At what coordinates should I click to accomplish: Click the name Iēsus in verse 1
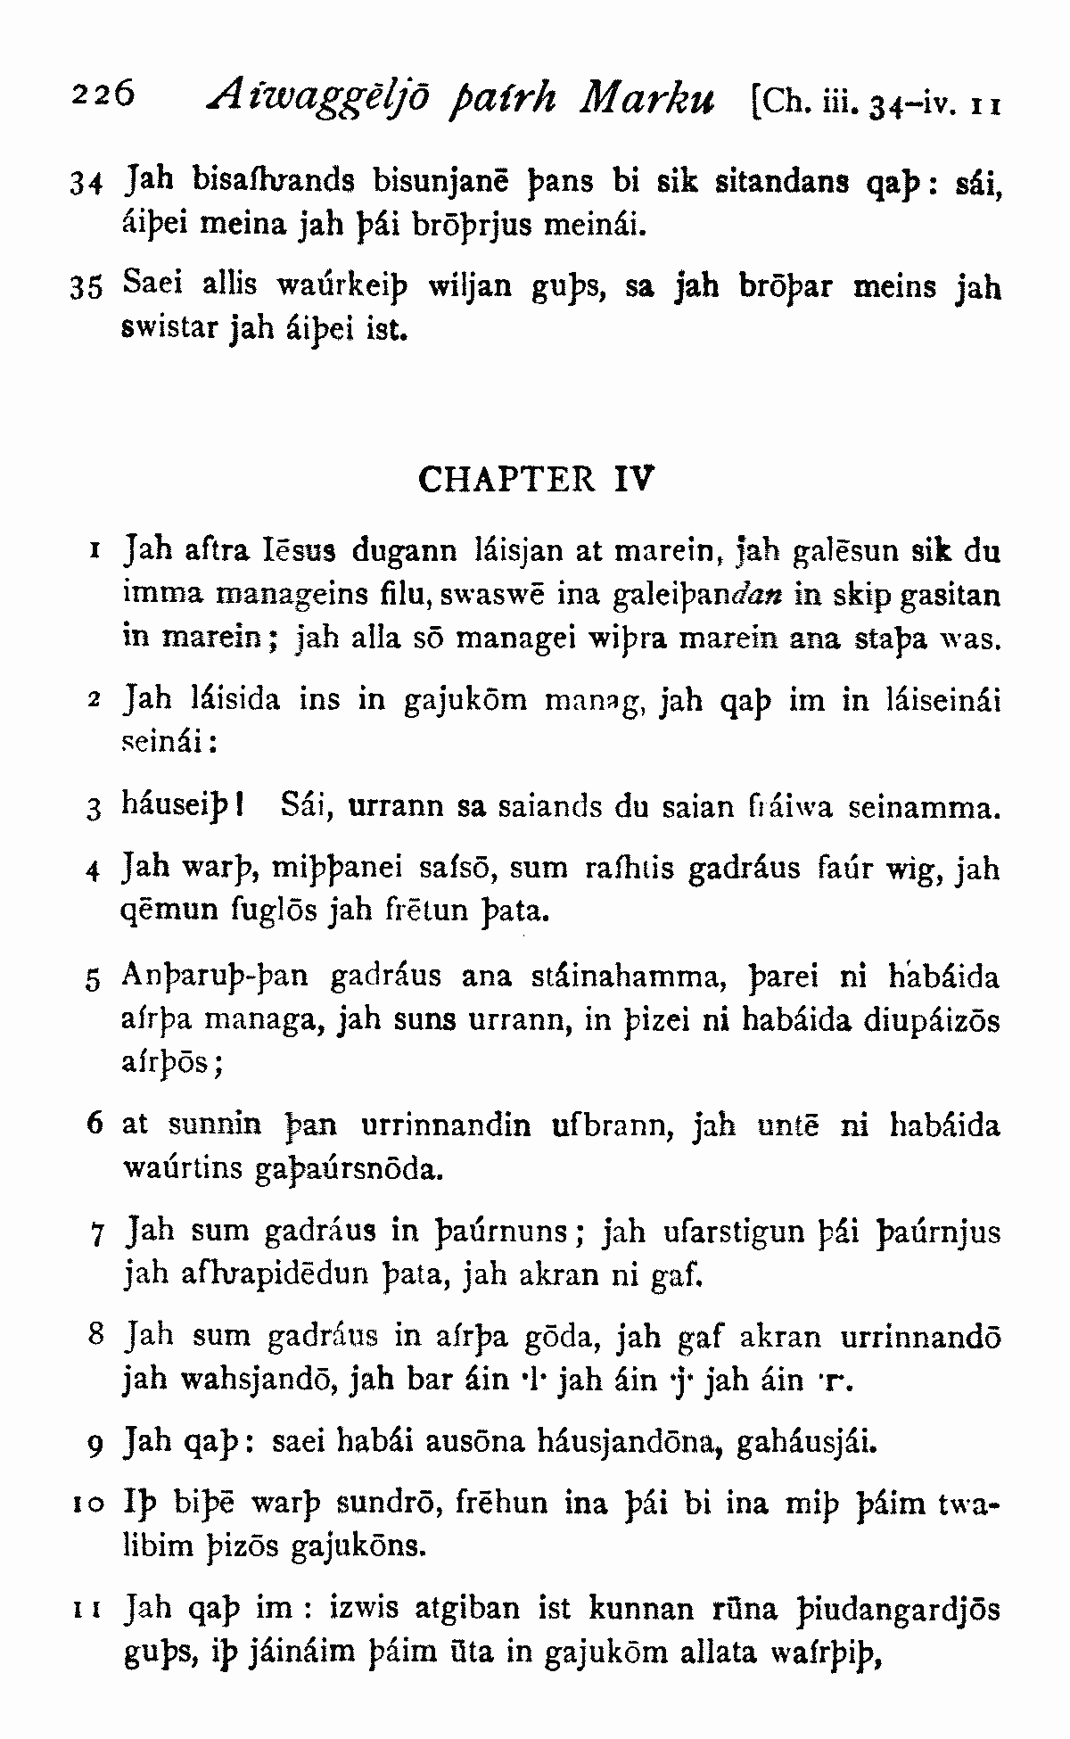coord(301,549)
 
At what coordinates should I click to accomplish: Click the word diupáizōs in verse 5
coord(931,1020)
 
